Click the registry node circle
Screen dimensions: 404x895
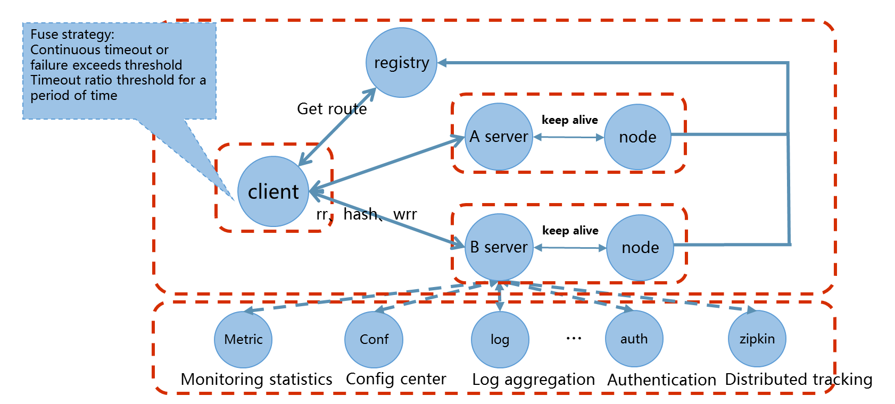point(401,63)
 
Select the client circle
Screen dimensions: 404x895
point(273,191)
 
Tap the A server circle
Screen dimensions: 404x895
point(499,137)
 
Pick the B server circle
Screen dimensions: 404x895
point(499,247)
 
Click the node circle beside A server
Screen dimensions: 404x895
point(637,137)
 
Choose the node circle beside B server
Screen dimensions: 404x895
point(640,248)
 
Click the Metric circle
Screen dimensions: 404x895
point(243,339)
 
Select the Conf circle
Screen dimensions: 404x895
point(374,339)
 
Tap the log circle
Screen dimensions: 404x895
point(500,339)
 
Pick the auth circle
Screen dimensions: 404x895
point(634,339)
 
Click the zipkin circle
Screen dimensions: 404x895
point(757,339)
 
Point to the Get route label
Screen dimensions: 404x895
point(332,109)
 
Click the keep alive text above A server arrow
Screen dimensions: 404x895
point(569,120)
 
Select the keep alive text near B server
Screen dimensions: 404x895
point(570,231)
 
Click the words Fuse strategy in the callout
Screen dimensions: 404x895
point(72,35)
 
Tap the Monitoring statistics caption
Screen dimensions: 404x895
point(256,379)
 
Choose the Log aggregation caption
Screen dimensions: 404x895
point(533,380)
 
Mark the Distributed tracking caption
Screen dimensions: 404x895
point(798,380)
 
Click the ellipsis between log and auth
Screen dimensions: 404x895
point(574,338)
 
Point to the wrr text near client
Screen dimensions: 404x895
point(405,215)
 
